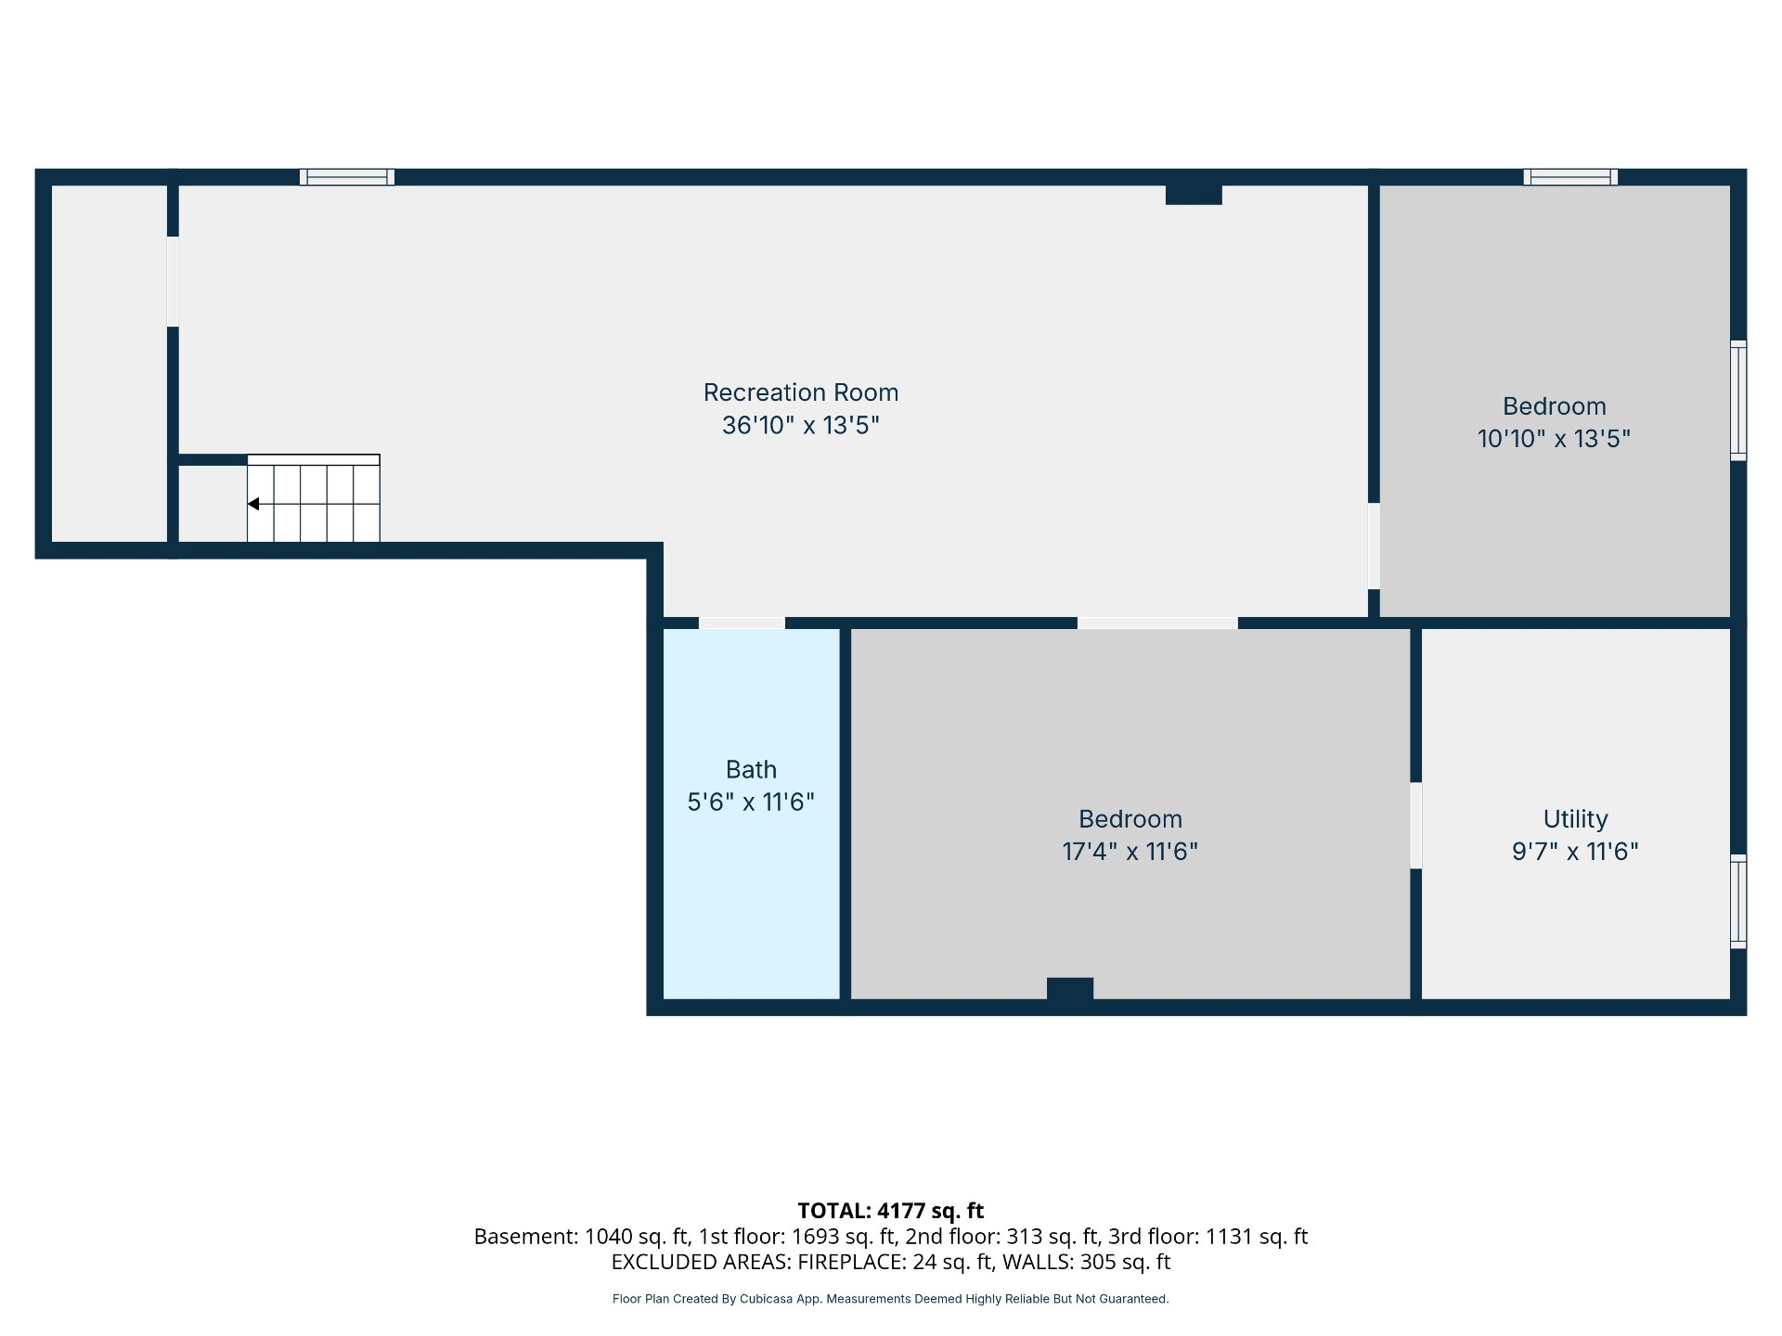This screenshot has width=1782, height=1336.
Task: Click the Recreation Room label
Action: pyautogui.click(x=801, y=392)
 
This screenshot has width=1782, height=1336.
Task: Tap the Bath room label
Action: pyautogui.click(x=751, y=769)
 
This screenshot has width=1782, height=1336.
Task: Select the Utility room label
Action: pyautogui.click(x=1575, y=819)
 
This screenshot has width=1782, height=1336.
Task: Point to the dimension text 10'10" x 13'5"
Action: pyautogui.click(x=1554, y=438)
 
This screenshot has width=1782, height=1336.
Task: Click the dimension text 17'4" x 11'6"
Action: pyautogui.click(x=1130, y=851)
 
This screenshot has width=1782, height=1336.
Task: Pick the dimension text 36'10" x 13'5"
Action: pyautogui.click(x=801, y=425)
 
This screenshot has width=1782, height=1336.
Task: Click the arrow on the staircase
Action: pyautogui.click(x=253, y=504)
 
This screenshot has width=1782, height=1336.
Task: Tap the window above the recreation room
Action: pyautogui.click(x=347, y=176)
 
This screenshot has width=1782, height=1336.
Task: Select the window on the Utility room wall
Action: pyautogui.click(x=1738, y=901)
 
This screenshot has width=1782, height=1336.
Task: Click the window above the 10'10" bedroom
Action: pyautogui.click(x=1570, y=176)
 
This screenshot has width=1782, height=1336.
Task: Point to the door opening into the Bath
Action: pyautogui.click(x=742, y=623)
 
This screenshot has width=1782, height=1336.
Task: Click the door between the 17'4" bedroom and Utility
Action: pyautogui.click(x=1415, y=826)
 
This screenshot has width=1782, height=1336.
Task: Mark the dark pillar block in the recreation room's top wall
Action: pyautogui.click(x=1194, y=194)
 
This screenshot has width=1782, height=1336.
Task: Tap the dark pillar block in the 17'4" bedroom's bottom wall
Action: pyautogui.click(x=1070, y=989)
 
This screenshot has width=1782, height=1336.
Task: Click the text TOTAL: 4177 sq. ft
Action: pyautogui.click(x=891, y=1211)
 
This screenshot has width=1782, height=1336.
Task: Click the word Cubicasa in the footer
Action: pyautogui.click(x=767, y=1299)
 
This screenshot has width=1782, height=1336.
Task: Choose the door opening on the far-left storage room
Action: pyautogui.click(x=173, y=281)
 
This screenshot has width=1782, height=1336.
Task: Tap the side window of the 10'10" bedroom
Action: pyautogui.click(x=1738, y=400)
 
